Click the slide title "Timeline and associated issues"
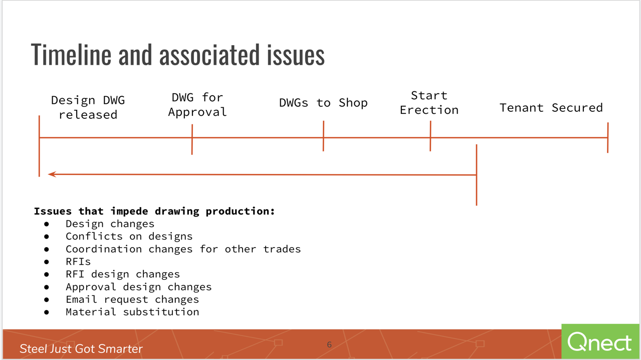click(178, 55)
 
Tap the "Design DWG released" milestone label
click(88, 107)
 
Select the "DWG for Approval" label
click(197, 104)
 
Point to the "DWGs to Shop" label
click(323, 103)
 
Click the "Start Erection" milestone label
click(429, 102)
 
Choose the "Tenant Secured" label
click(551, 108)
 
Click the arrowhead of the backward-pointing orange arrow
click(52, 174)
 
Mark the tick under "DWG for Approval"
click(192, 139)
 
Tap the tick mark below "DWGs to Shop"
click(323, 136)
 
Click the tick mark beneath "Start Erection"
click(431, 136)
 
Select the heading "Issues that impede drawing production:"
click(154, 211)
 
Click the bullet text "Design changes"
click(110, 224)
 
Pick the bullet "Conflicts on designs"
click(129, 236)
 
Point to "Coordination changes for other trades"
click(183, 249)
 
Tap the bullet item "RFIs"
click(78, 262)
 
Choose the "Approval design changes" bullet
click(138, 287)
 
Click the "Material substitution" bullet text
click(132, 311)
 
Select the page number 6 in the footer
click(329, 344)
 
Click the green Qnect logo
click(600, 341)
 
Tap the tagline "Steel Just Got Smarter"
click(81, 348)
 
